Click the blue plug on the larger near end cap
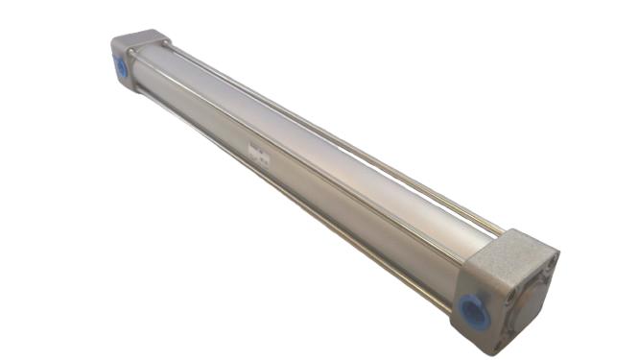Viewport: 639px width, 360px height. click(472, 310)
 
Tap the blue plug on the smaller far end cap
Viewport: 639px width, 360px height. click(121, 67)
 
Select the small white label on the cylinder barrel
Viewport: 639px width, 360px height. click(256, 153)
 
